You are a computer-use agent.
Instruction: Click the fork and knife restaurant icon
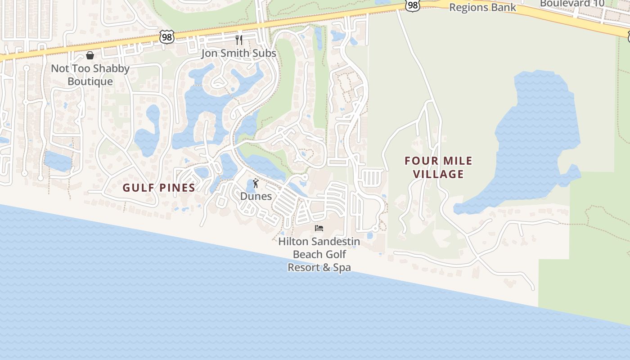[x=239, y=40]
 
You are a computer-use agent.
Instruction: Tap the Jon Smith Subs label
[x=238, y=53]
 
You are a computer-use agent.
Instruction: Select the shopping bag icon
[x=90, y=55]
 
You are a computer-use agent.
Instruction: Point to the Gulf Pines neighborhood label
[x=159, y=188]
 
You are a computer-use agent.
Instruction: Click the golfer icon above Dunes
[x=256, y=183]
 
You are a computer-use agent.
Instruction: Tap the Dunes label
[x=256, y=196]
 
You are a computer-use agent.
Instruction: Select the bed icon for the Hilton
[x=319, y=228]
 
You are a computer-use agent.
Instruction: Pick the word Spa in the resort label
[x=341, y=267]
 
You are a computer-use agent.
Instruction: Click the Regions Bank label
[x=482, y=8]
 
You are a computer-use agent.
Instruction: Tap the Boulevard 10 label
[x=572, y=4]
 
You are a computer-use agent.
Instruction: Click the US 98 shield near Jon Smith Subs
[x=166, y=37]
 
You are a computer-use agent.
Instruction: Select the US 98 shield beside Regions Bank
[x=412, y=5]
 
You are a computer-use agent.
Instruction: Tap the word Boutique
[x=90, y=81]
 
